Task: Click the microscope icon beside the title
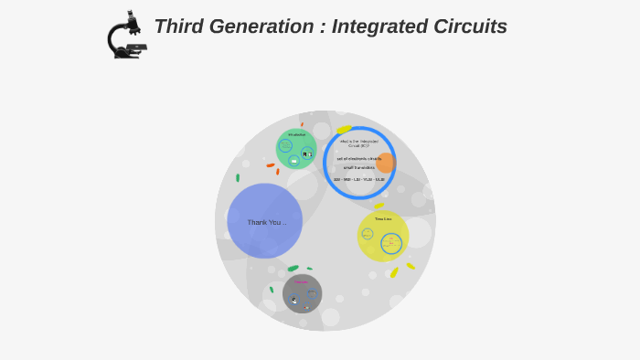pos(126,37)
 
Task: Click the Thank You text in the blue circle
pos(266,222)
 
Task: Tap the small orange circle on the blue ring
pos(386,163)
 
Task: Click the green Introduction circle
pos(296,149)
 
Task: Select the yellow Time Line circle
pos(383,235)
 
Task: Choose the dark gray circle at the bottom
pos(303,293)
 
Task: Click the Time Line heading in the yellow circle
pos(383,219)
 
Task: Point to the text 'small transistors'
pos(359,167)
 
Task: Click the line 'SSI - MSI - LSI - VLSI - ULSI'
pos(359,179)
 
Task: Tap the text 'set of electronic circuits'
pos(359,158)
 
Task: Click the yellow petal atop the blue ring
pos(344,130)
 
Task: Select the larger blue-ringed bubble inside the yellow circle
pos(391,243)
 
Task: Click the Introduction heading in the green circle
pos(296,135)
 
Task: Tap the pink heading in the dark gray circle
pos(301,281)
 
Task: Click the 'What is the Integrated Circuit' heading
pos(359,143)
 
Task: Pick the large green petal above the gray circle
pos(293,269)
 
